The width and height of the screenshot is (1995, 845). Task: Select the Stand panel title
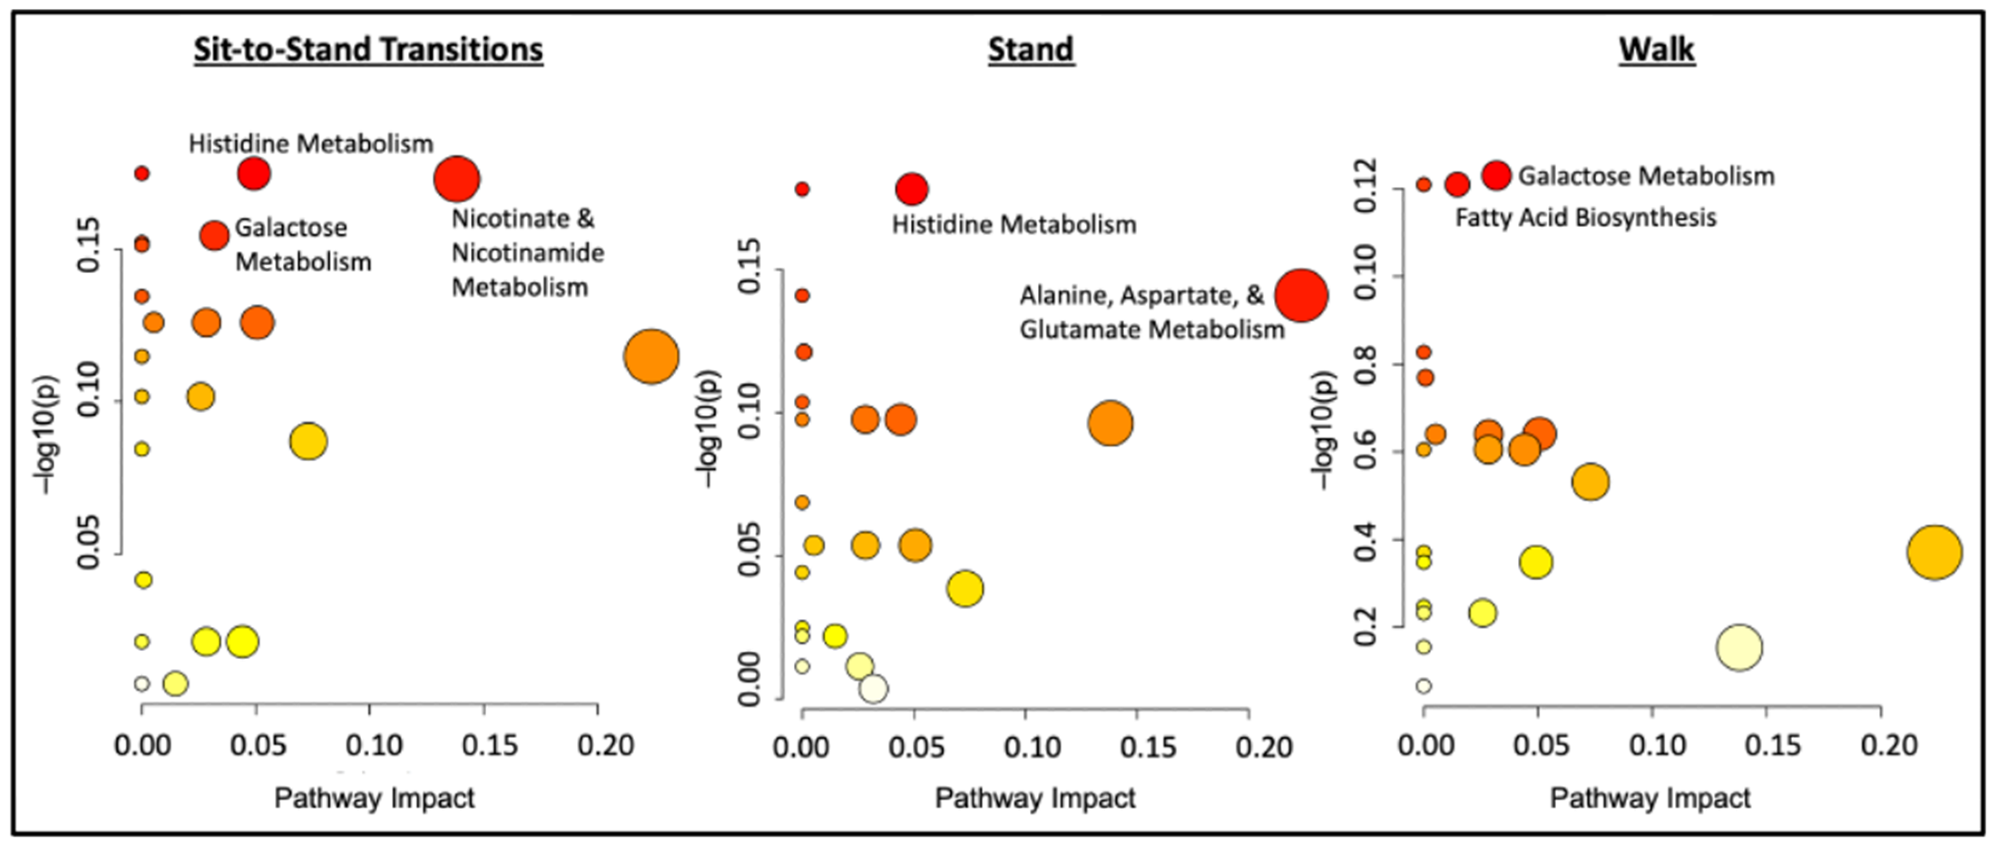[x=1031, y=49]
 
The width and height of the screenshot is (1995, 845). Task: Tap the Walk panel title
[x=1657, y=49]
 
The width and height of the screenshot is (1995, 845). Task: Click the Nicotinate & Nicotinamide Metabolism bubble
[x=457, y=179]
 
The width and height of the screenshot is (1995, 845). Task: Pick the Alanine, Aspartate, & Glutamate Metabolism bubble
[x=1301, y=295]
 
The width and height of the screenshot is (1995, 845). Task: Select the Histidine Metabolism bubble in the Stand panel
[x=911, y=189]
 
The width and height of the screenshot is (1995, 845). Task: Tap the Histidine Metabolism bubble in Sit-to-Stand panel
[x=254, y=173]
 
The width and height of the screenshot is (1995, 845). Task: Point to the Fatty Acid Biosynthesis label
[x=1585, y=218]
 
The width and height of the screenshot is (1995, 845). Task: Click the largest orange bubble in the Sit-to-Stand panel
[x=651, y=356]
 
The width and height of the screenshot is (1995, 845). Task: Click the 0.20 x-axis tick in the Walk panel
[x=1888, y=746]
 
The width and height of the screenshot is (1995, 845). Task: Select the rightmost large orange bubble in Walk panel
[x=1934, y=552]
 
